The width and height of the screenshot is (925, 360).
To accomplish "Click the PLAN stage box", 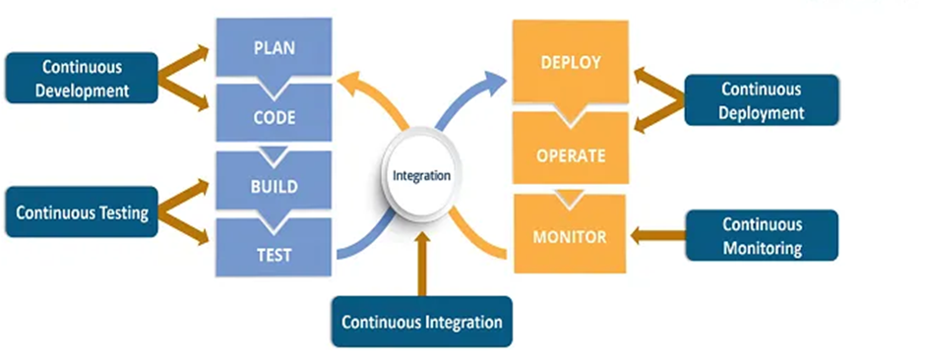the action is [x=274, y=48].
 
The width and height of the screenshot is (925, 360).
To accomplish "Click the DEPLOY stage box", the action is [x=570, y=62].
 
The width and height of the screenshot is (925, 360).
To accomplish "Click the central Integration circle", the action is [x=421, y=176].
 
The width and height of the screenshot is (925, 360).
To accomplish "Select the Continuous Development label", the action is [x=82, y=78].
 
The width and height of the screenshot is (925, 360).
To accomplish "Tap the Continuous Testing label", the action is [x=82, y=212].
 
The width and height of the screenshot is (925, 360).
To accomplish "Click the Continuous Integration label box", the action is [x=422, y=322].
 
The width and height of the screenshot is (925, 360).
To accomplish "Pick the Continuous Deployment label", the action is [x=761, y=99].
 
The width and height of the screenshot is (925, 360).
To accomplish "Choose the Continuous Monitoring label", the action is [x=762, y=235].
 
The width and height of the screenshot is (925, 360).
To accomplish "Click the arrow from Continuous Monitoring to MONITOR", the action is [x=657, y=236].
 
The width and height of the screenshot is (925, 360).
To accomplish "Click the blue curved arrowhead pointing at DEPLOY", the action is [x=493, y=83].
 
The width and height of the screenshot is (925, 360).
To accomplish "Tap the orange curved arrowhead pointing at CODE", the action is [x=352, y=83].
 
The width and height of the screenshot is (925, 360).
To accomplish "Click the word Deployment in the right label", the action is [x=761, y=112].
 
